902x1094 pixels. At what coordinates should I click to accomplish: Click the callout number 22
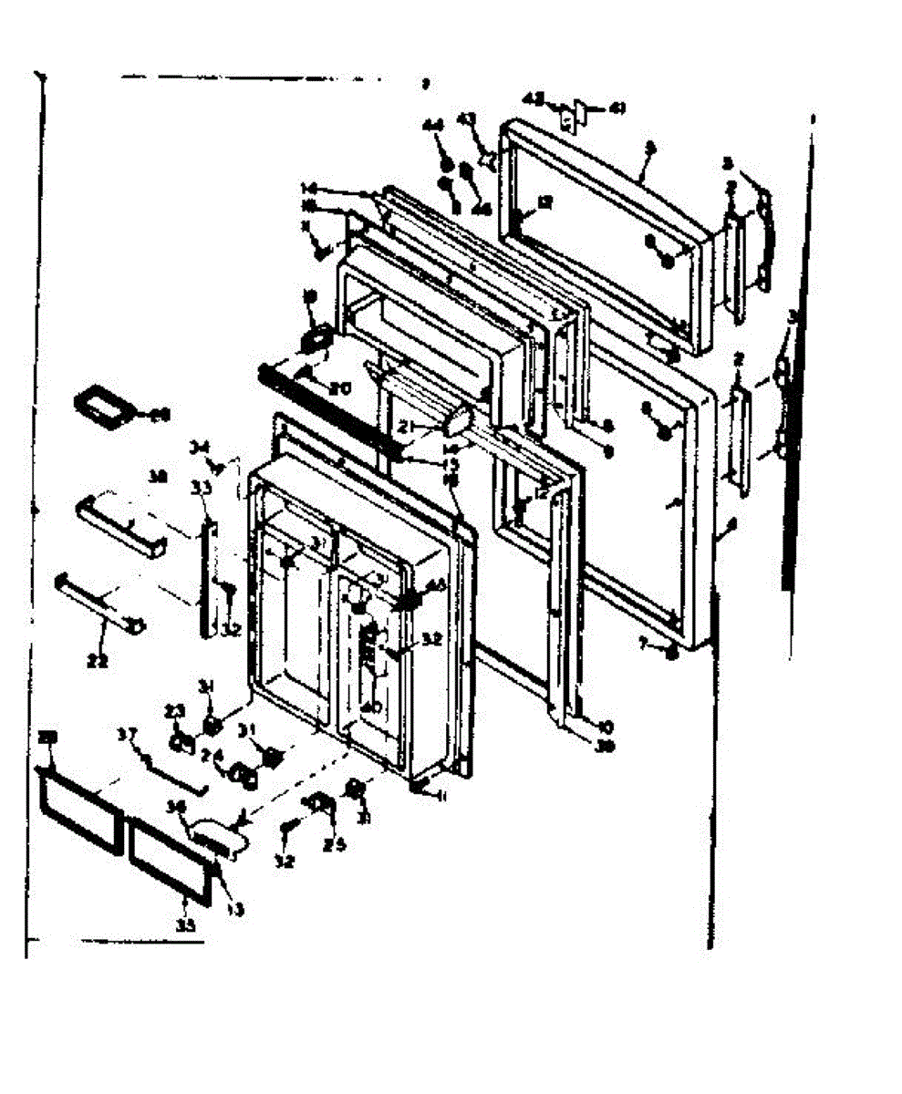(x=98, y=662)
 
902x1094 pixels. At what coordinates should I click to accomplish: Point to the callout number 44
(x=432, y=126)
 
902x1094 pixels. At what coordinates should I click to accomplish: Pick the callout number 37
(x=128, y=735)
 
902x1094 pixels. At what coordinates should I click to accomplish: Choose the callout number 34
(x=199, y=447)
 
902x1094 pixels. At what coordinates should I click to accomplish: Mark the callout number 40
(x=372, y=707)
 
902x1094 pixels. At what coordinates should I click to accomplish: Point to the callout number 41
(x=617, y=108)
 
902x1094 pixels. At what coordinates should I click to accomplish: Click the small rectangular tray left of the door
(x=102, y=406)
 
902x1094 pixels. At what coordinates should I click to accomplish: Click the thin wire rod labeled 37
(x=170, y=769)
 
